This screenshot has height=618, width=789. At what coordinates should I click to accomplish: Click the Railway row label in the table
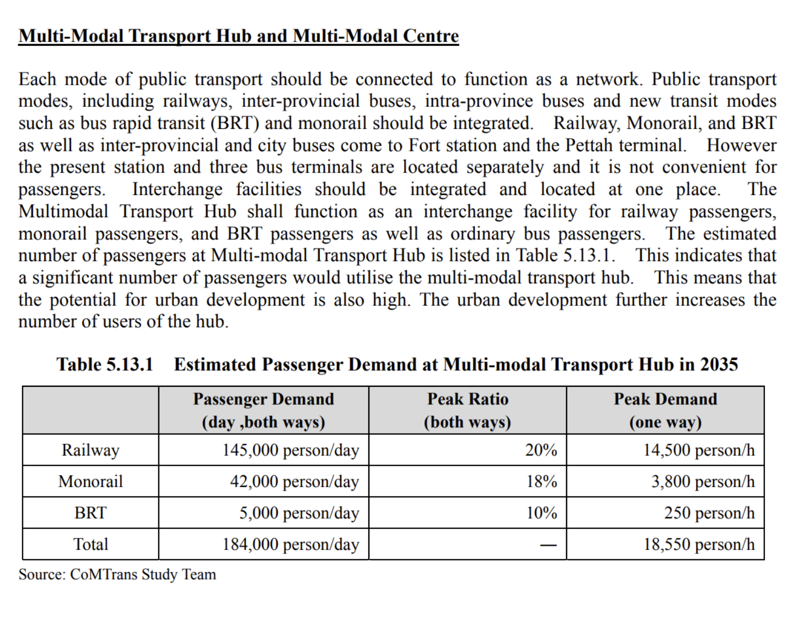[91, 450]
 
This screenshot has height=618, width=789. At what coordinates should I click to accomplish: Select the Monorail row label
[91, 481]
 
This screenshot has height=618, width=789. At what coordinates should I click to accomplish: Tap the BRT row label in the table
[91, 513]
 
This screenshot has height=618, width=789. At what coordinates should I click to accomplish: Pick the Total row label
[91, 544]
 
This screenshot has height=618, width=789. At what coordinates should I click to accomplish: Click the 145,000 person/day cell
[291, 450]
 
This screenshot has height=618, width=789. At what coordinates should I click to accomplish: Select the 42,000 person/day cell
[294, 482]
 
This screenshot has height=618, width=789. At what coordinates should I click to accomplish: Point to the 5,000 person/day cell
[299, 513]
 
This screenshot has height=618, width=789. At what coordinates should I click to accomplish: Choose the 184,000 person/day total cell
[291, 544]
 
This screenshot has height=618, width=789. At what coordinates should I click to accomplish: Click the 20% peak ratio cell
[541, 450]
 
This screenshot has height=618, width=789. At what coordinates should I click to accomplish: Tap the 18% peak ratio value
[541, 481]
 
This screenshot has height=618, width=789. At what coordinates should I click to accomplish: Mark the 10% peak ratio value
[541, 513]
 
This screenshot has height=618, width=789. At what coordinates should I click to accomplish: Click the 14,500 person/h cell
[699, 450]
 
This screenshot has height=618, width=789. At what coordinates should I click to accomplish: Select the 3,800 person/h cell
[703, 482]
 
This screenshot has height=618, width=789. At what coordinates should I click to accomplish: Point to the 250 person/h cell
[710, 513]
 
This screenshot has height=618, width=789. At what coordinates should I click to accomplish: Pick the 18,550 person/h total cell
[699, 544]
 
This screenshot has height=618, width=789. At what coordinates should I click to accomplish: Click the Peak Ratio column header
[468, 410]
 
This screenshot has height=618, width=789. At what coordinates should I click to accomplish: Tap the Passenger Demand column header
[263, 410]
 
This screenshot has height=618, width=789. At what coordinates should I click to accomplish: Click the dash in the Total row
[548, 544]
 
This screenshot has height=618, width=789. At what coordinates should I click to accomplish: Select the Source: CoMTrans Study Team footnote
[117, 574]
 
